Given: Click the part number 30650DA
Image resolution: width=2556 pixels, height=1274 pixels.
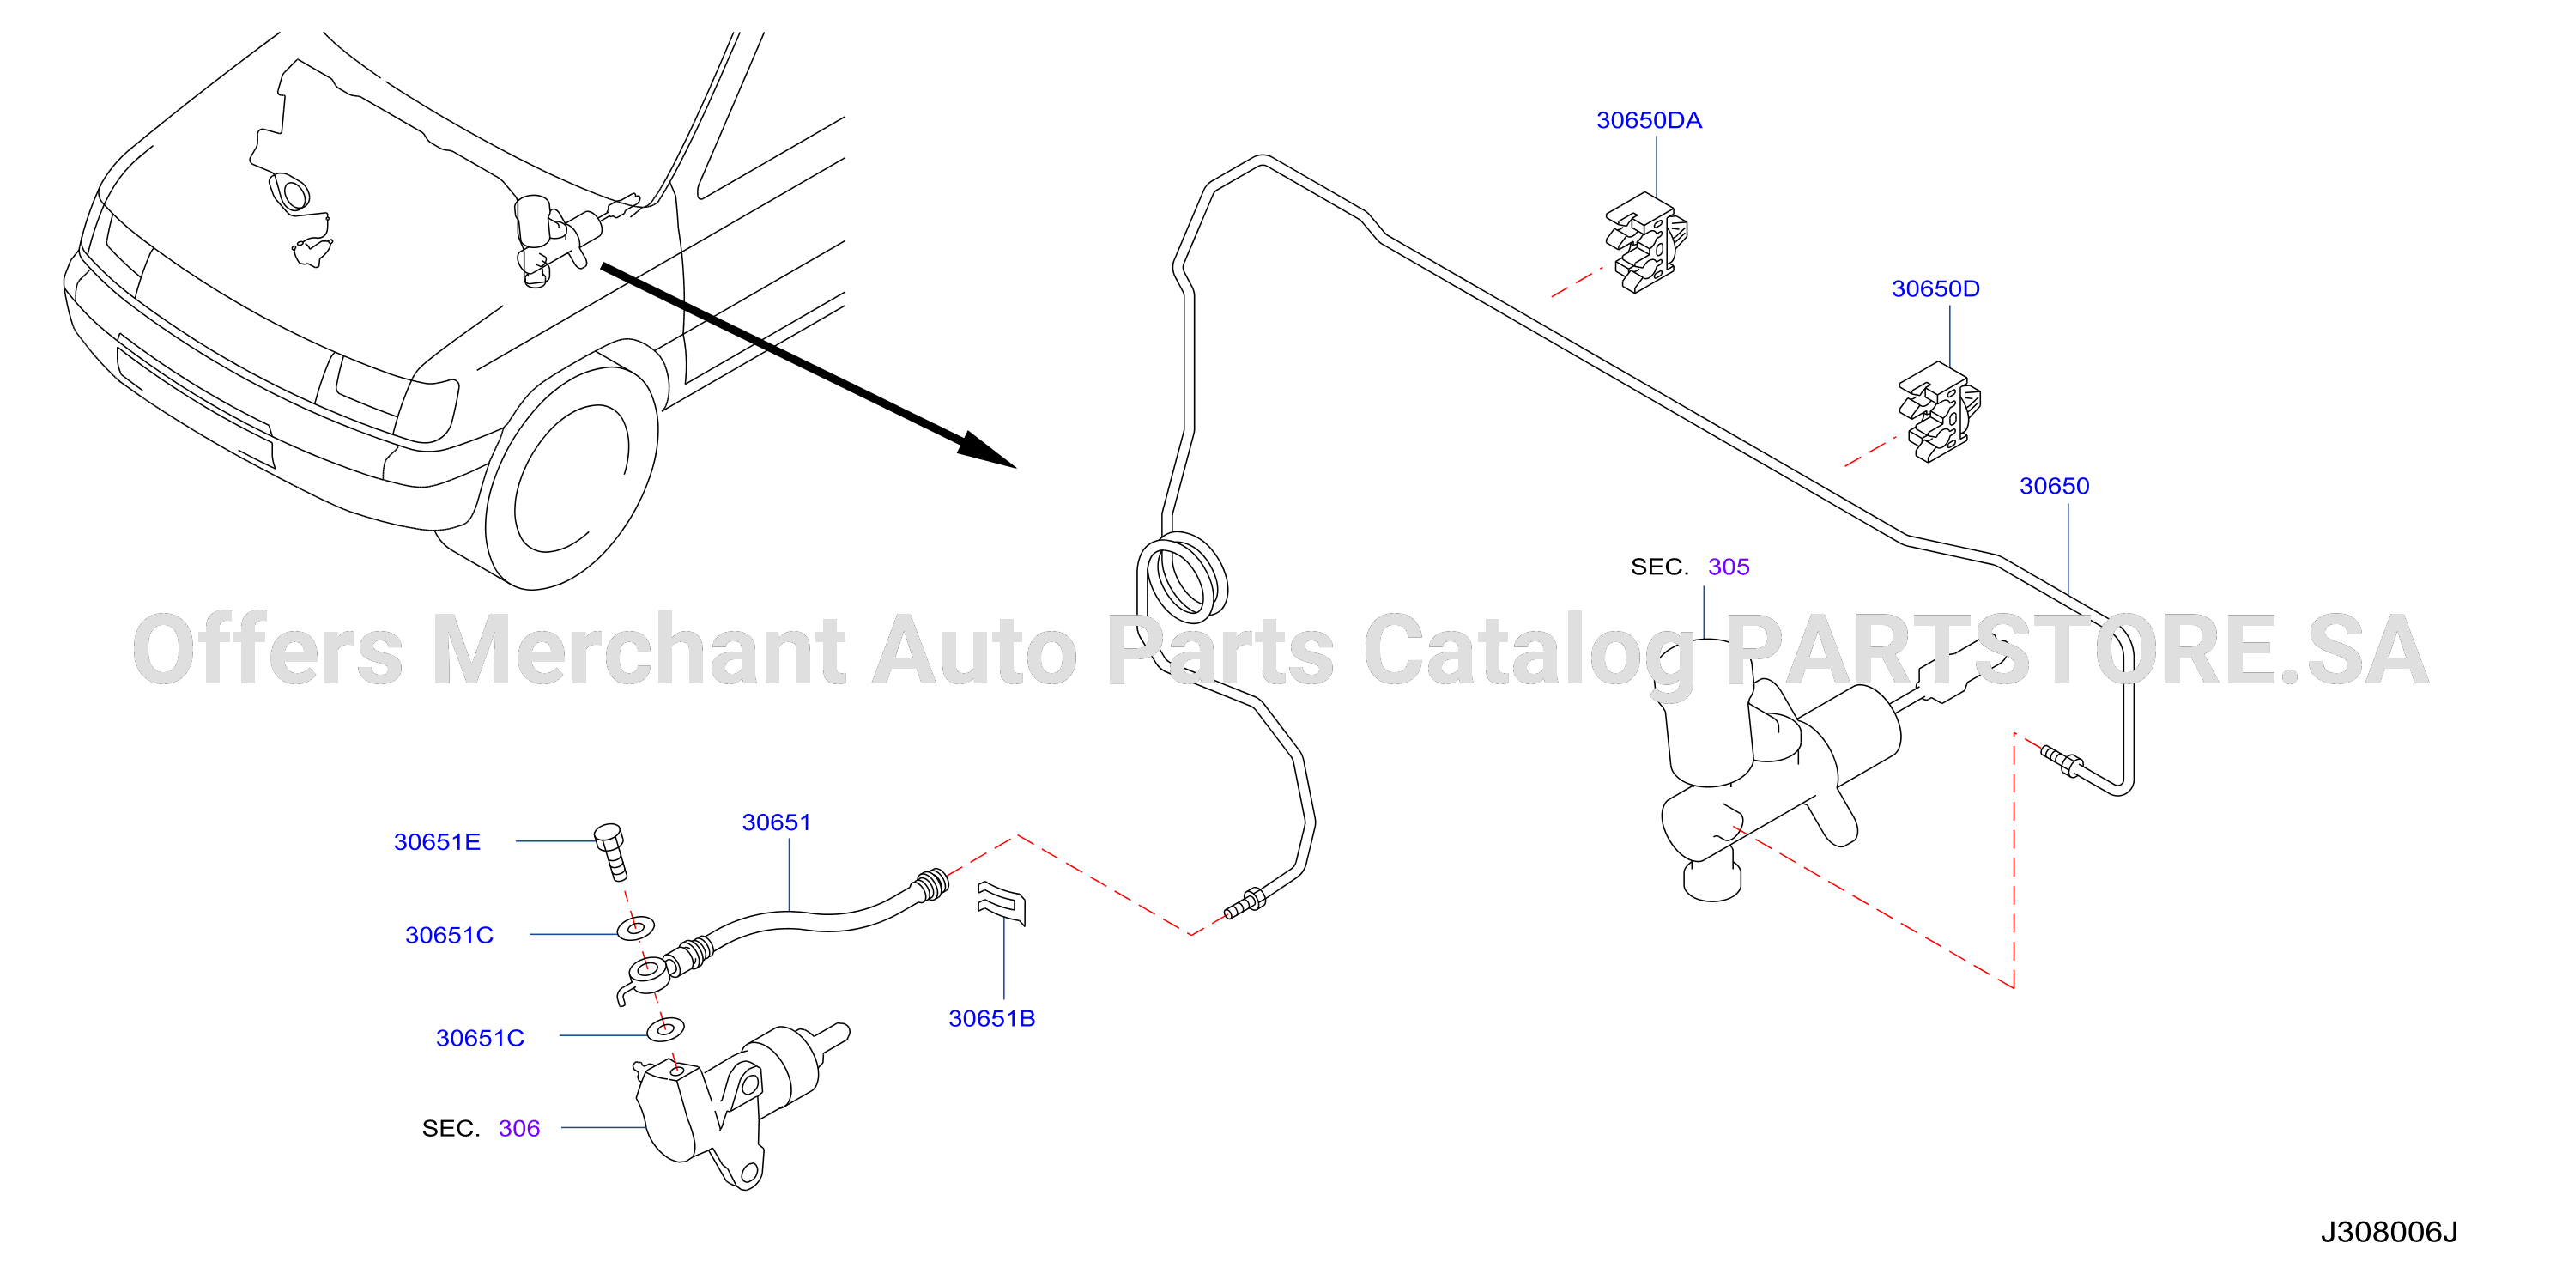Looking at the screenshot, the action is point(1648,120).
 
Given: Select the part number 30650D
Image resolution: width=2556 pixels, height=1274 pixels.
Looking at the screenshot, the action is point(1935,288).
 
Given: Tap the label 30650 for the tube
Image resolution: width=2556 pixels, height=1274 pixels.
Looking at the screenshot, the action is point(2054,486).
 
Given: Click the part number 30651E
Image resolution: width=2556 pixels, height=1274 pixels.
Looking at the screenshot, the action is point(437,841).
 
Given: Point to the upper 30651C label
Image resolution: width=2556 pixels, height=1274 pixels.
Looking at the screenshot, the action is point(449,935).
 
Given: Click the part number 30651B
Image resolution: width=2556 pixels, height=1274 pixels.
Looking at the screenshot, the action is point(991,1018).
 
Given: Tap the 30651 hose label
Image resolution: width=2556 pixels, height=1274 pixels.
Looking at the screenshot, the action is point(776,822).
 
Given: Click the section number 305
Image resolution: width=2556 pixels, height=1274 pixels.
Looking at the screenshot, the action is point(1729,567).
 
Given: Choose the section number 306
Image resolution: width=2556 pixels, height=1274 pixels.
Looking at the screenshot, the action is point(519,1128).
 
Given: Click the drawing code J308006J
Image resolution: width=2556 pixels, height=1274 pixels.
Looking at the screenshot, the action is point(2389,1232).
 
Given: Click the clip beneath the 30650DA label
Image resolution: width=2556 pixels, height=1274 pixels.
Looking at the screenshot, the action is point(1647,243).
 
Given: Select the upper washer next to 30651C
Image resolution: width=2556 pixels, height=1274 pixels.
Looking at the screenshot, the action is point(635,929).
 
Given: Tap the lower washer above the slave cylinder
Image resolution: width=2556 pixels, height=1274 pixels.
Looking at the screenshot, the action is point(665,1029).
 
